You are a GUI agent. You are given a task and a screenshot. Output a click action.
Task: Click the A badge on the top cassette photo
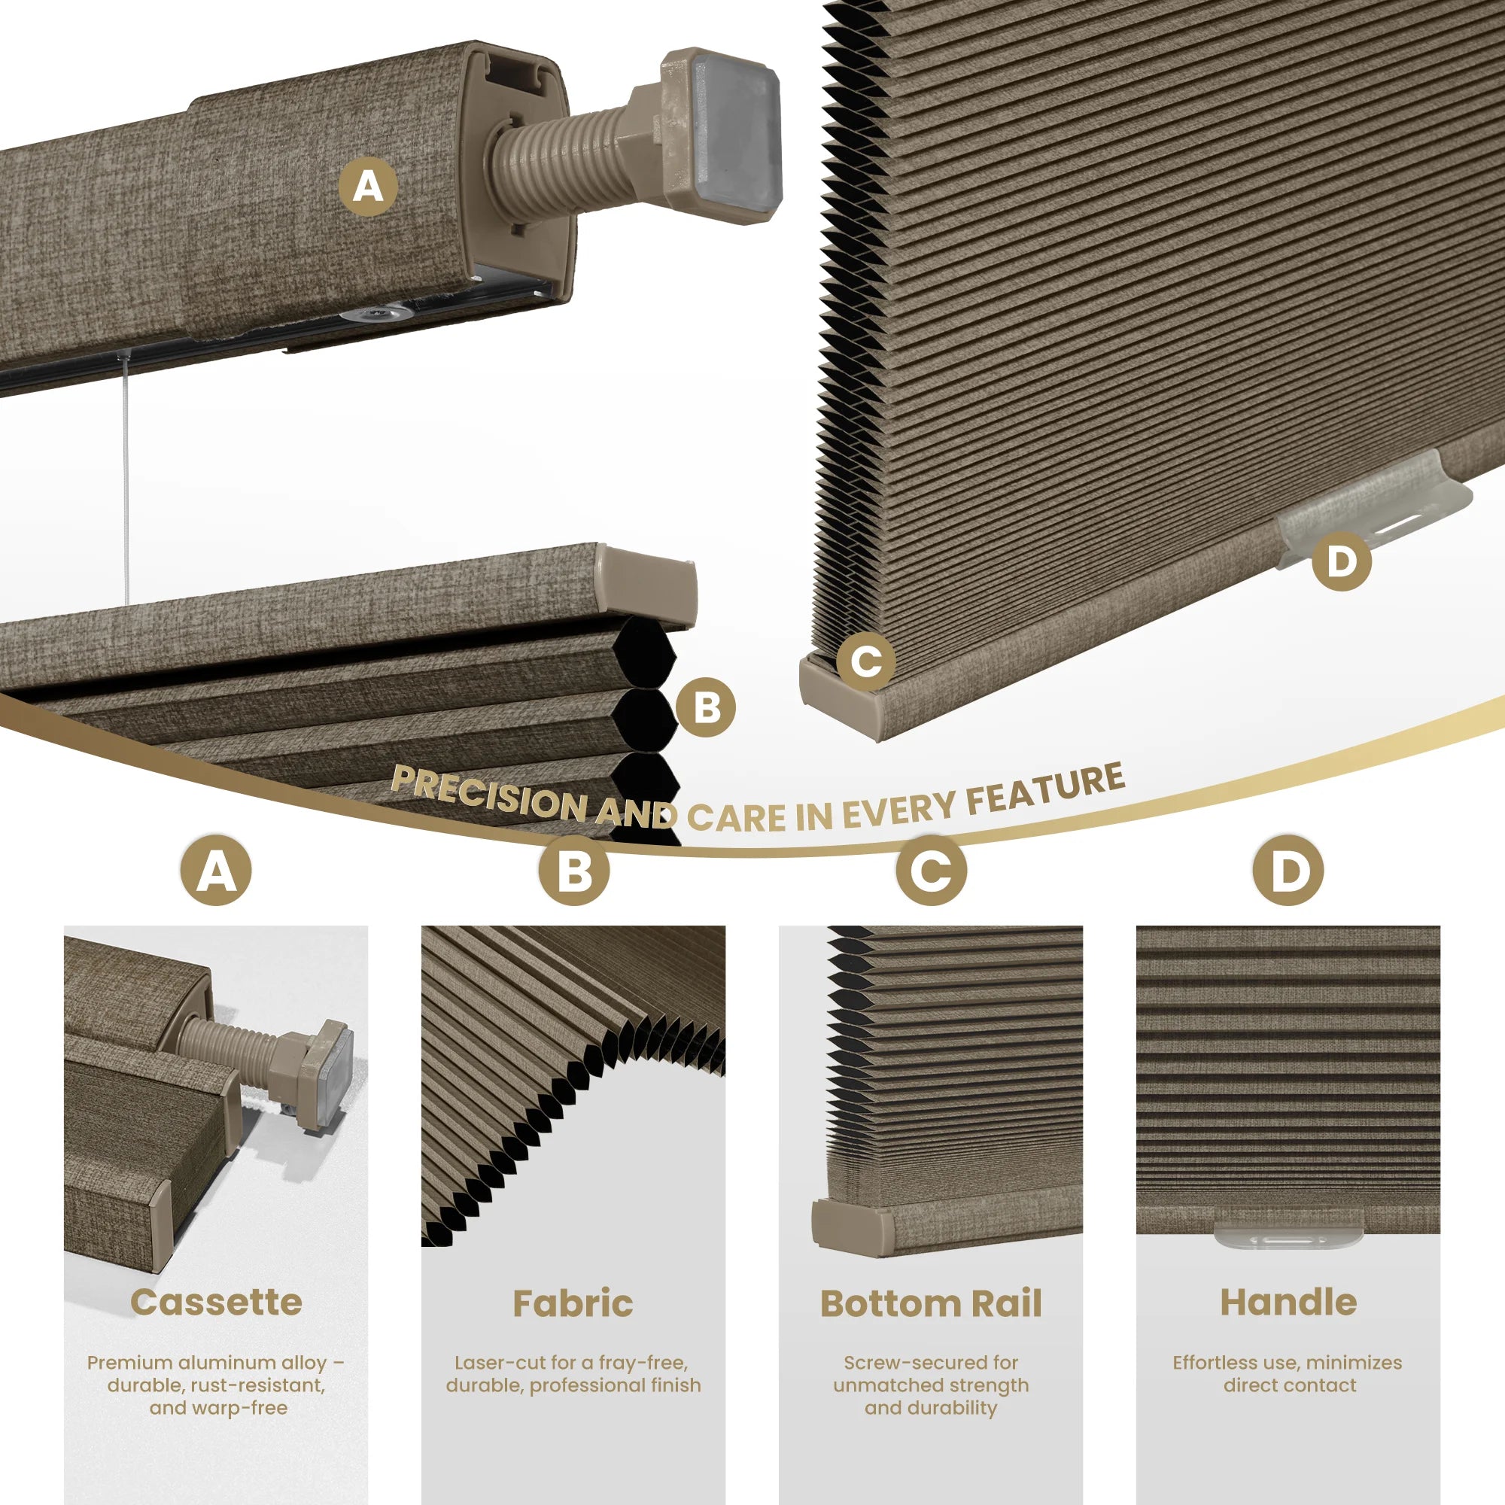point(369,187)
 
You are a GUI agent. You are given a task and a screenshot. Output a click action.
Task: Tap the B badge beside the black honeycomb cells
point(706,707)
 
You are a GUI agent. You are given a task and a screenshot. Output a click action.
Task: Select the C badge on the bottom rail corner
point(866,662)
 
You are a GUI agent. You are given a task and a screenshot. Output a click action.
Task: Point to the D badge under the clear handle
point(1342,561)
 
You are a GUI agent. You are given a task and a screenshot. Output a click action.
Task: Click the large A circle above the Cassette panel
point(216,870)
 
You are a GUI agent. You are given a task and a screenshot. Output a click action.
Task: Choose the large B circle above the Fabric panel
point(574,870)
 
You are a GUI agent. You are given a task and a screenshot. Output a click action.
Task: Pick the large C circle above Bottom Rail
point(932,870)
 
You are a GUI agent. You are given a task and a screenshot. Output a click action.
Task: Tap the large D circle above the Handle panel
point(1288,870)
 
